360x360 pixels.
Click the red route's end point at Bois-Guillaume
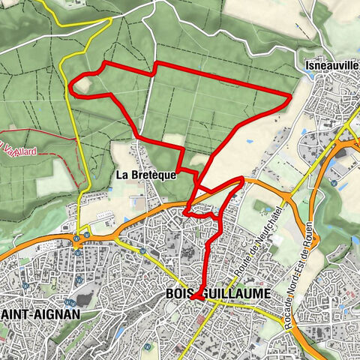click(x=194, y=298)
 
